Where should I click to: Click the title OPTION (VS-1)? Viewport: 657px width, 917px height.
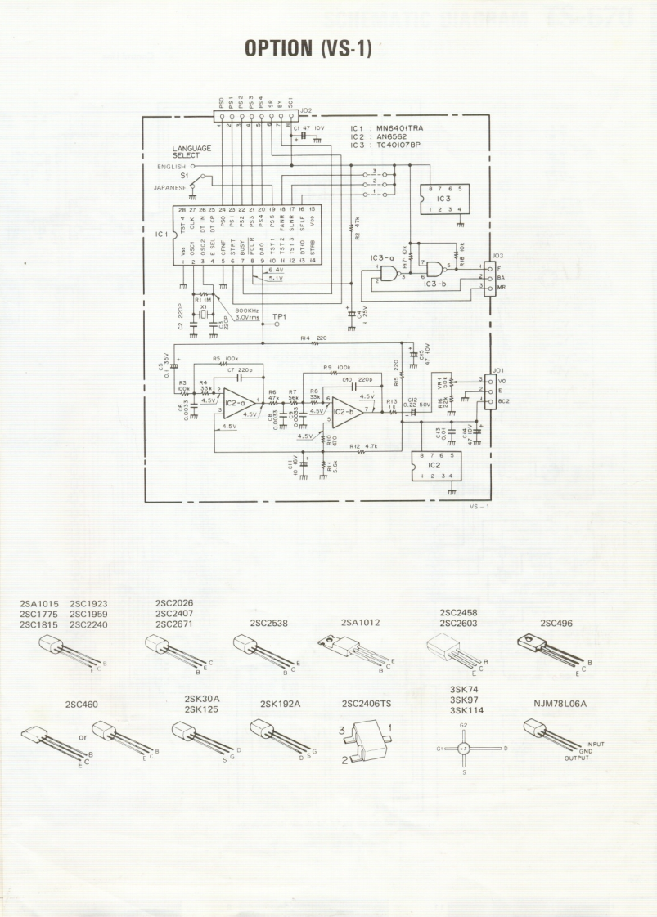tap(309, 48)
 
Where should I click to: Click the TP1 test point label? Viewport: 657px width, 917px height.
tap(281, 315)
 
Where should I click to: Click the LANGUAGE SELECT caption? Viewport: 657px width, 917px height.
tap(191, 151)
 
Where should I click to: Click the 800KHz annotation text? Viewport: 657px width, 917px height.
tap(248, 311)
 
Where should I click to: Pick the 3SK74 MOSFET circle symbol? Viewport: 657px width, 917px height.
tap(464, 748)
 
